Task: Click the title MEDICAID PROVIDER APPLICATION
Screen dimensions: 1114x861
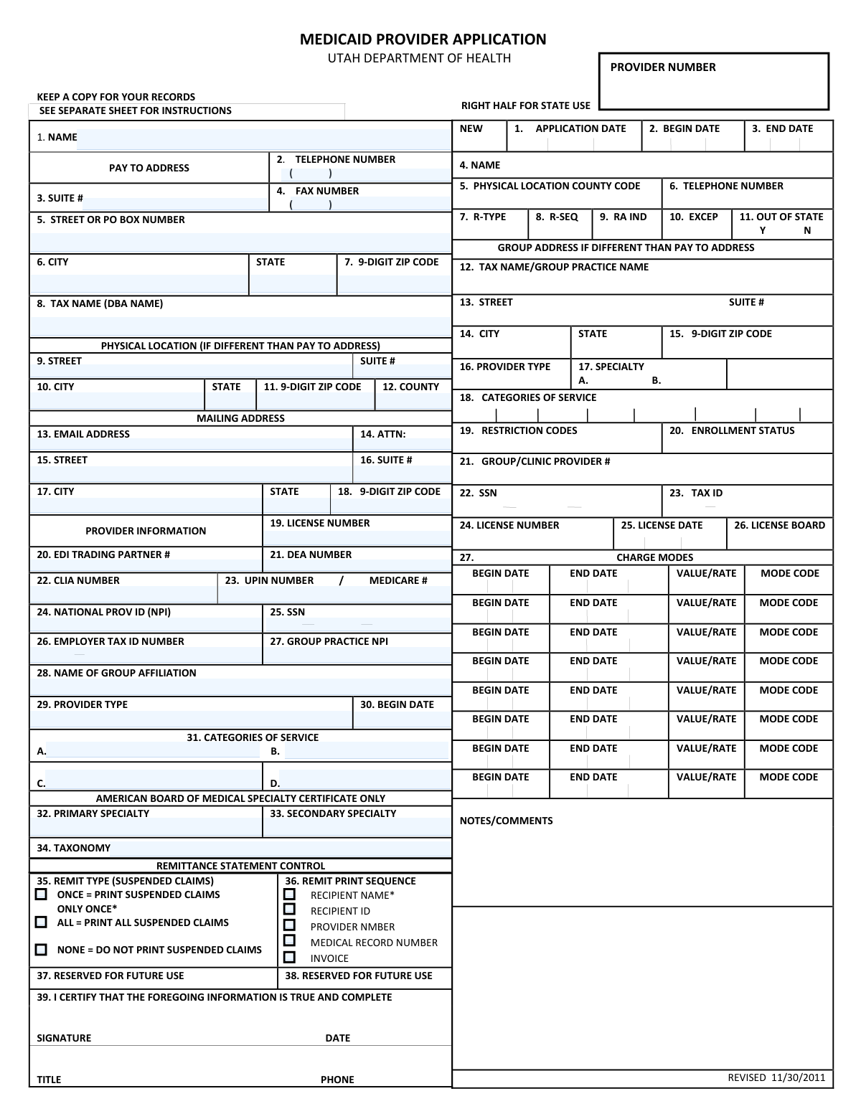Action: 423,39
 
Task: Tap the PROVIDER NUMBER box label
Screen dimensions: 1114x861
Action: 663,67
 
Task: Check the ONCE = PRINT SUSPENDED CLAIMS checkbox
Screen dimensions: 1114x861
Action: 42,894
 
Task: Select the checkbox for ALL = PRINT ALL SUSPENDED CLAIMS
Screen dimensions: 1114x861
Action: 42,922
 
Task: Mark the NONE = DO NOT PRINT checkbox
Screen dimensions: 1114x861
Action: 42,950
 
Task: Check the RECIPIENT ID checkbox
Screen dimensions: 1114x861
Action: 289,910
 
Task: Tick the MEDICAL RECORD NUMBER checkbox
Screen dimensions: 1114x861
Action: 289,941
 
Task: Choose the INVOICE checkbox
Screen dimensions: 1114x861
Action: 289,958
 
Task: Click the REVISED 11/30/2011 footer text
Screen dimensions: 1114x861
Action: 776,1077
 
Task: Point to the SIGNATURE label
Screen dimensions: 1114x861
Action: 64,1038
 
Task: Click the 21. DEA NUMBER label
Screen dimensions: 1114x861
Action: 311,554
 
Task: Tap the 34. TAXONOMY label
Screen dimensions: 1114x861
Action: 74,848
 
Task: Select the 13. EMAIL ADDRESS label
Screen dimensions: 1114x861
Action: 83,434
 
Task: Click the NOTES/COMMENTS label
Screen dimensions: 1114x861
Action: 506,821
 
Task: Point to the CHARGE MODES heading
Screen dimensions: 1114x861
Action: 654,557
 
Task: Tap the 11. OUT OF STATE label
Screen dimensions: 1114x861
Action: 781,217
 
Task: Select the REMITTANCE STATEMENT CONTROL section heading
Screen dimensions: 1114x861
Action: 240,866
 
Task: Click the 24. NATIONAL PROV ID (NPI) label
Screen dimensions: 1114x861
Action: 103,612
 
